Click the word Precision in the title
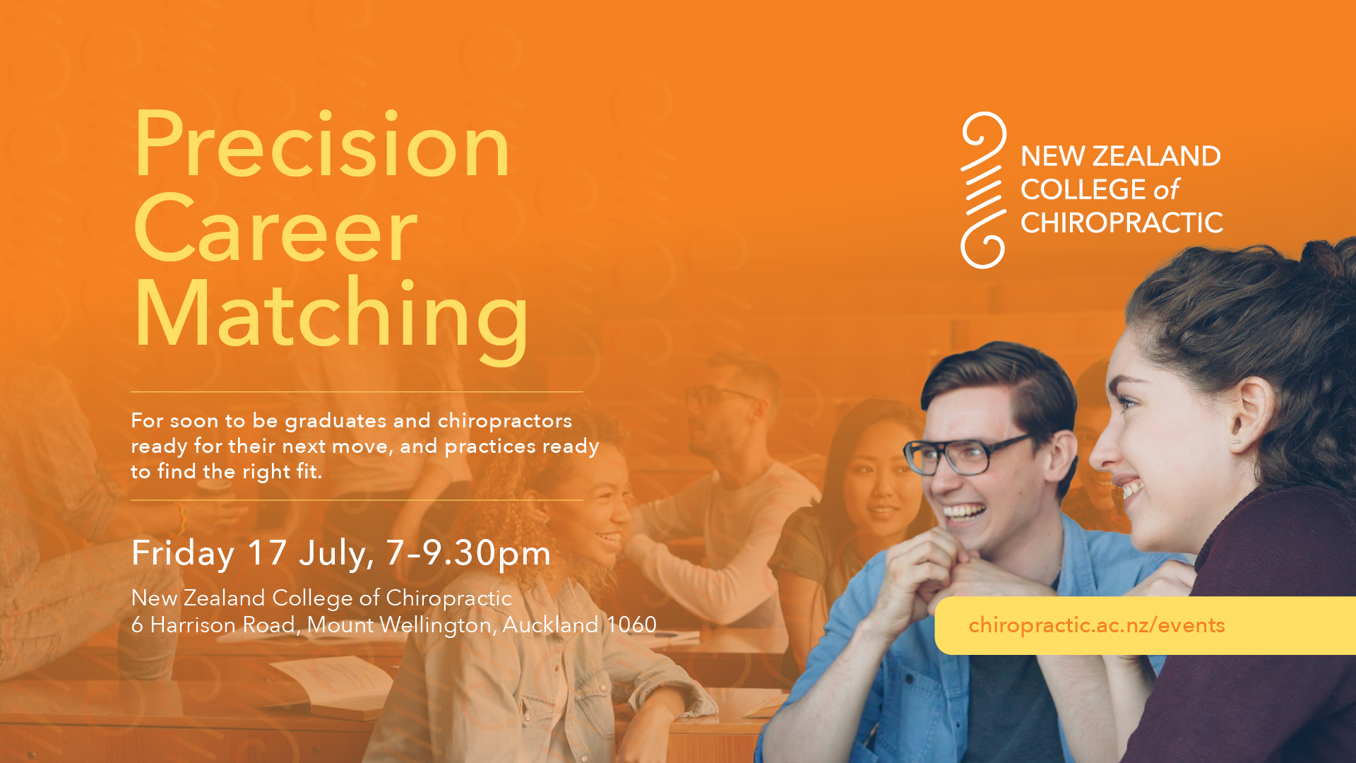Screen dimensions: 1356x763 (x=321, y=144)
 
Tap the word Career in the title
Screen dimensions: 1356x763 (x=275, y=229)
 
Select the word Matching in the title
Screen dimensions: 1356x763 (x=331, y=317)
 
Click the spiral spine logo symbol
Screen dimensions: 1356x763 (x=983, y=190)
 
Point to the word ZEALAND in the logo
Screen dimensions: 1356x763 (x=1156, y=156)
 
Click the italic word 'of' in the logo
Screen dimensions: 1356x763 (x=1167, y=189)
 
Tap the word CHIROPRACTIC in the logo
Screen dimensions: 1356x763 (x=1122, y=223)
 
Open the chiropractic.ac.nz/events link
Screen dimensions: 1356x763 (x=1096, y=625)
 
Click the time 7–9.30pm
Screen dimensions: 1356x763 (x=468, y=552)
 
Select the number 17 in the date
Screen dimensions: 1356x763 (x=267, y=552)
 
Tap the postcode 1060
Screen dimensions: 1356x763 (x=631, y=625)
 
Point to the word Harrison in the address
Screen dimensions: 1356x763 (x=194, y=625)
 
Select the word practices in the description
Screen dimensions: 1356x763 (x=490, y=447)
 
